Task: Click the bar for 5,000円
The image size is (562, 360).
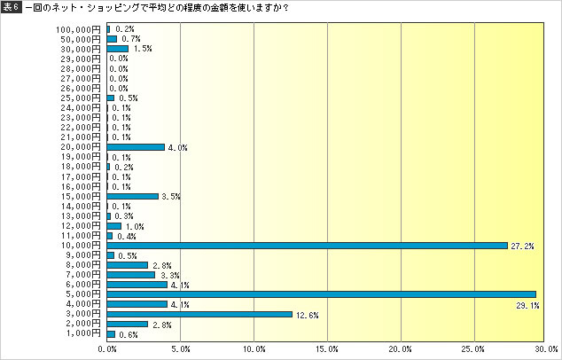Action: point(321,294)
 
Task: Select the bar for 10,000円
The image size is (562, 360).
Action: point(307,245)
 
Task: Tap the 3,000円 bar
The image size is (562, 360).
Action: point(199,314)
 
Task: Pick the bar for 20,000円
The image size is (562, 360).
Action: point(136,147)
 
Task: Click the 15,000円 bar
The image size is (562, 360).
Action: point(132,196)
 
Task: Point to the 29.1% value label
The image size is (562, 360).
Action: point(528,304)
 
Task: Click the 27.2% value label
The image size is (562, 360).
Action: point(522,246)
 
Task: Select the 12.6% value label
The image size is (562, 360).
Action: point(308,314)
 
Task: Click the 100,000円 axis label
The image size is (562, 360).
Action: point(78,29)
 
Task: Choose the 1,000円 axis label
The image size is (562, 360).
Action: point(83,333)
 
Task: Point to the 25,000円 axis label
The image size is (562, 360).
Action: point(81,98)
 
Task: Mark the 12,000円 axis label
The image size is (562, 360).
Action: point(81,225)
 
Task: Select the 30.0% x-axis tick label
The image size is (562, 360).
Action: point(546,349)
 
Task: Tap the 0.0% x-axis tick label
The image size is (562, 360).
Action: point(107,349)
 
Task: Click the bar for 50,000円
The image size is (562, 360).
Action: point(112,39)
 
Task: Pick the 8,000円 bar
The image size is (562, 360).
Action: point(127,264)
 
